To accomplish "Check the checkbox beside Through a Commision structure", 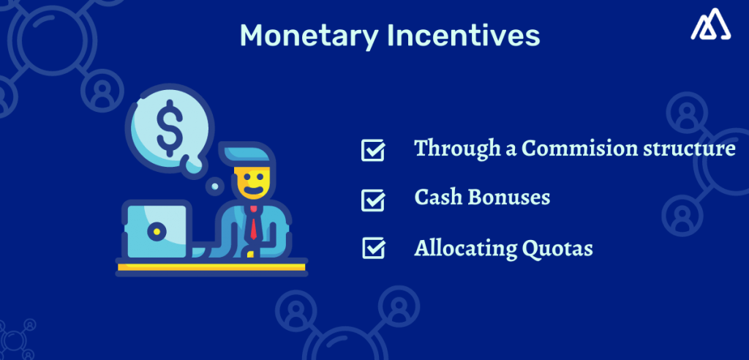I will coord(373,151).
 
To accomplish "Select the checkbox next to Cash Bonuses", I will coord(373,199).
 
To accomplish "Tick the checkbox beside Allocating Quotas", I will coord(373,249).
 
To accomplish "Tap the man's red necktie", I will coord(252,222).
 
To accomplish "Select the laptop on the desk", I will coord(156,230).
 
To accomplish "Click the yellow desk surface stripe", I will coord(211,266).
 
